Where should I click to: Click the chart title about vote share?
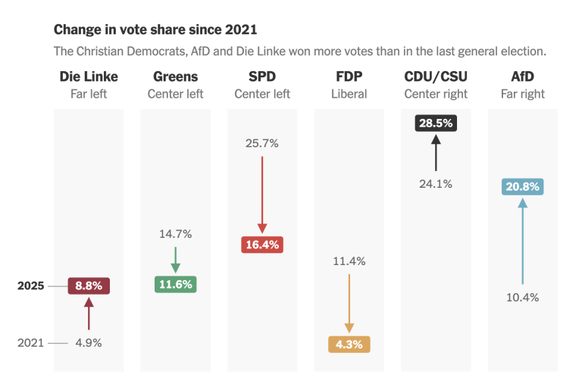(x=155, y=30)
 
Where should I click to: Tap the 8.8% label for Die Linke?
(x=89, y=286)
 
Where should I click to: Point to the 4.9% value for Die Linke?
(x=88, y=342)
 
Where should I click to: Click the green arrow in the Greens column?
(x=175, y=260)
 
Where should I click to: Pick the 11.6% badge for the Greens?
(x=175, y=285)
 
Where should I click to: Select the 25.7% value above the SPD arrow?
(x=262, y=143)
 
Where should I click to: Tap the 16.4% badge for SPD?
(x=262, y=245)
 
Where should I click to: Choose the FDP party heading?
(x=349, y=77)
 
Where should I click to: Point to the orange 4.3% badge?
(x=349, y=345)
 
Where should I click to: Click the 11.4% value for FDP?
(x=349, y=261)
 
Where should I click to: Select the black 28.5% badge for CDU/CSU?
(x=436, y=123)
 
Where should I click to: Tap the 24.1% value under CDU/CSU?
(x=436, y=183)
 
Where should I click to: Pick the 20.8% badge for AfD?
(x=522, y=186)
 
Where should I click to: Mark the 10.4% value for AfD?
(x=522, y=298)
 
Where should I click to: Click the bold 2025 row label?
(x=31, y=286)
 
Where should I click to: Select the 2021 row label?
(x=31, y=342)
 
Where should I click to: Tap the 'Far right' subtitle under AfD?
(x=522, y=95)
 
